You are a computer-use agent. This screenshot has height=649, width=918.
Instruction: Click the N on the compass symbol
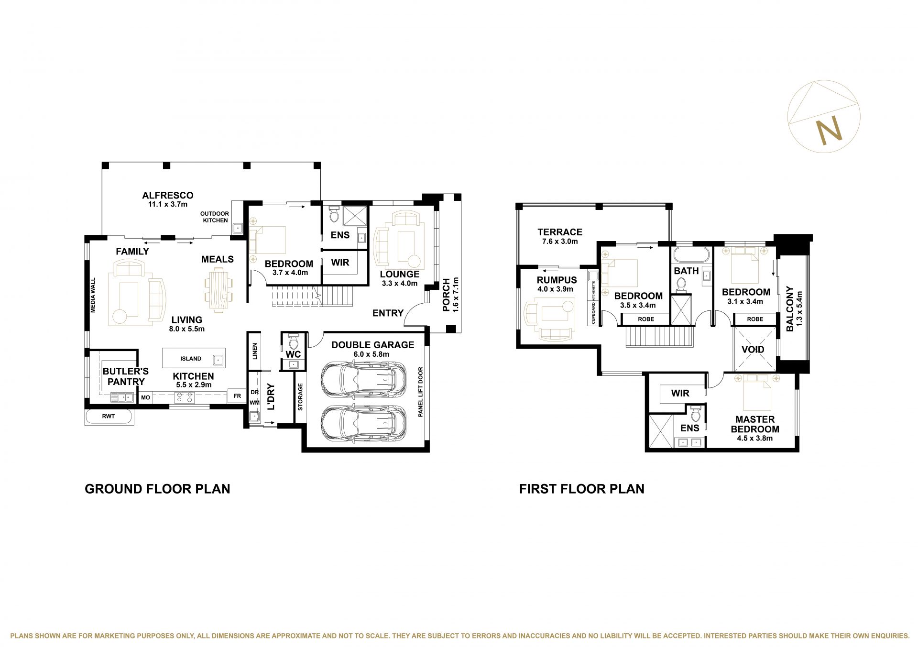tap(829, 130)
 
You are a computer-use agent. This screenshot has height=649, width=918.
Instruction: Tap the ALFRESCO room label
tap(168, 195)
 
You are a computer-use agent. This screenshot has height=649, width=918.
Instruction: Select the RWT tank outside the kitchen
tap(109, 417)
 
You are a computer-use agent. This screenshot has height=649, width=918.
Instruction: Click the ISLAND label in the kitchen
tap(191, 358)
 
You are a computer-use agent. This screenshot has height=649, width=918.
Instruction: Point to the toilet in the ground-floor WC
tap(294, 342)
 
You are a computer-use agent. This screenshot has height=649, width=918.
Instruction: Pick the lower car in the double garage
tap(363, 423)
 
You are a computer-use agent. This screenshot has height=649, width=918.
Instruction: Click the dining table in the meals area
tap(219, 290)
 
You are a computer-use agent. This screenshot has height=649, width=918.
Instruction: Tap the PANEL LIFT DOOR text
tap(420, 392)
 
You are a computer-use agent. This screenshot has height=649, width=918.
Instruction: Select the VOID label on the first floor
tap(753, 350)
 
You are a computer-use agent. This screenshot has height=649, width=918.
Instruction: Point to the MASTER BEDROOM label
tap(755, 424)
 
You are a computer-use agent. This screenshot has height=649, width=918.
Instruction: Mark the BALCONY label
tap(790, 309)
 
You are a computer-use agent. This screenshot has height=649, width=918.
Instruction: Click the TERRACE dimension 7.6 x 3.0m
tap(560, 242)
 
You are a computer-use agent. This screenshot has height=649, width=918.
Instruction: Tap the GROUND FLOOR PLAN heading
tap(157, 489)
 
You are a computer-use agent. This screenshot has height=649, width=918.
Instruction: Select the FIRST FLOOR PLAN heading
tap(582, 489)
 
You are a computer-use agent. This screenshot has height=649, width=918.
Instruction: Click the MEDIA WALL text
tap(93, 296)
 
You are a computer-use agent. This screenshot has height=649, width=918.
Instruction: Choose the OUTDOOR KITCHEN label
tap(215, 217)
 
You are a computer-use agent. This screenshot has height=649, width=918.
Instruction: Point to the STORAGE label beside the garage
tap(301, 397)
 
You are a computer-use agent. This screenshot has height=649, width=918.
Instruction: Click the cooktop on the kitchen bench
tap(185, 397)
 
